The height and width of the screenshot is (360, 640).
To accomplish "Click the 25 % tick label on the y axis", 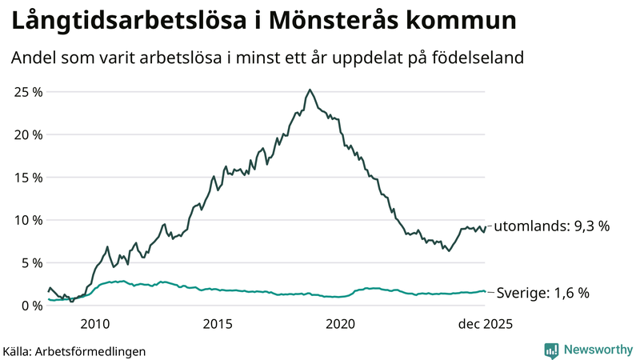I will (28, 91).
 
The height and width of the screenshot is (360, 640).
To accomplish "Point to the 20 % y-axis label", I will (28, 134).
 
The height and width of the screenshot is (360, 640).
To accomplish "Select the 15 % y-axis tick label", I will (28, 177).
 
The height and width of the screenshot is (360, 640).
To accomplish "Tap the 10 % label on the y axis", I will (28, 220).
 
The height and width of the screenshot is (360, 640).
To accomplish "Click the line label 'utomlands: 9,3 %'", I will (551, 226).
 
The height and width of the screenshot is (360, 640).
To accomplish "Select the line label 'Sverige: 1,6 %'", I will (543, 293).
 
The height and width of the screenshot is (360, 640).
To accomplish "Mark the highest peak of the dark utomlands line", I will (310, 90).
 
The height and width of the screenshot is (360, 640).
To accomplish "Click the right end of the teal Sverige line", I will (485, 292).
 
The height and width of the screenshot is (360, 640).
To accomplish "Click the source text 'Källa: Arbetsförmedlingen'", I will (74, 350).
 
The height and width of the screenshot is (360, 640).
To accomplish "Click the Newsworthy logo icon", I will (551, 350).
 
